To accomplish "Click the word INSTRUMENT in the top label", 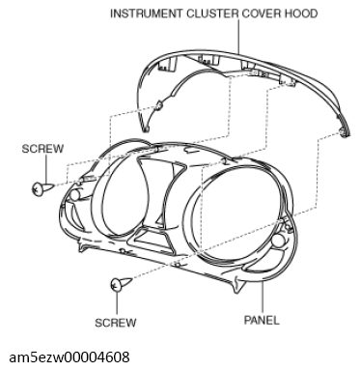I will (x=145, y=14).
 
